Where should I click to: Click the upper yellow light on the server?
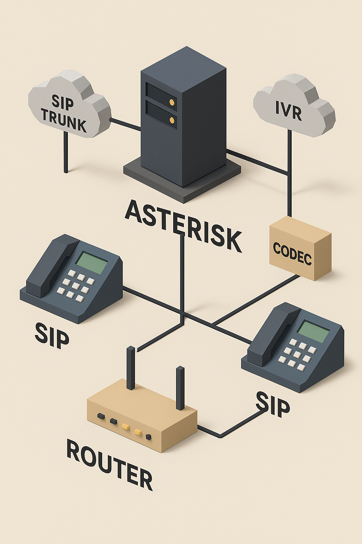[172, 103]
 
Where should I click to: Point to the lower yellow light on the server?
[172, 120]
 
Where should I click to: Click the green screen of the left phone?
[92, 262]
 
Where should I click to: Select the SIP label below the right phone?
[273, 404]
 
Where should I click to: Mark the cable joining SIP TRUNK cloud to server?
[125, 125]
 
